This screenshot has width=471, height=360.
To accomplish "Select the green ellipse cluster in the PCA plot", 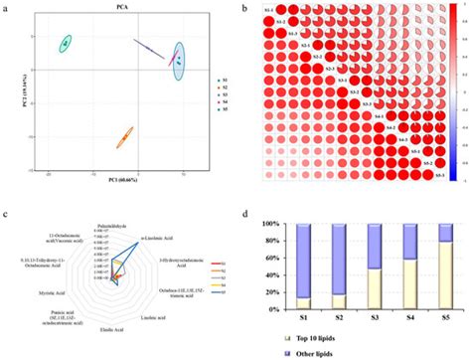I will pos(65,43).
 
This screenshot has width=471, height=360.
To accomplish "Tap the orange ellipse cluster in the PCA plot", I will pos(124,136).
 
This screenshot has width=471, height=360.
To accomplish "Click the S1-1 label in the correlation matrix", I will pos(269,11).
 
